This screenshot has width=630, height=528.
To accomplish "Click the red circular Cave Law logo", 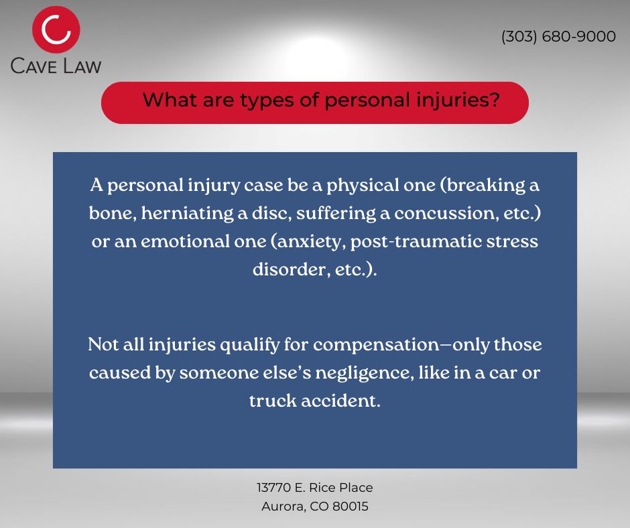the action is click(x=56, y=29).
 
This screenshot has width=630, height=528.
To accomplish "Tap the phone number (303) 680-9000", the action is click(x=558, y=37).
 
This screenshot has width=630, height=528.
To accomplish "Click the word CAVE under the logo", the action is click(x=34, y=66).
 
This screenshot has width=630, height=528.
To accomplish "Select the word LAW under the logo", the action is click(x=82, y=66).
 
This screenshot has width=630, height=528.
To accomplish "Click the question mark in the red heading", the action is click(x=495, y=99).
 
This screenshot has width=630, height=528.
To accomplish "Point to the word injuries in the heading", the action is click(x=452, y=101).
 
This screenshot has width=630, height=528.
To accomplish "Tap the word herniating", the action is click(x=187, y=214).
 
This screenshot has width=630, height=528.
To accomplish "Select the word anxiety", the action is click(x=309, y=242).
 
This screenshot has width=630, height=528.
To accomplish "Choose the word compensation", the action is click(x=376, y=346).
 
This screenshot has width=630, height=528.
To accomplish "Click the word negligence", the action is click(x=364, y=374).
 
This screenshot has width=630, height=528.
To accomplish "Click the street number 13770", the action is click(x=273, y=488).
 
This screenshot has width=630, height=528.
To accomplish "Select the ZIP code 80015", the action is click(x=351, y=507).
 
